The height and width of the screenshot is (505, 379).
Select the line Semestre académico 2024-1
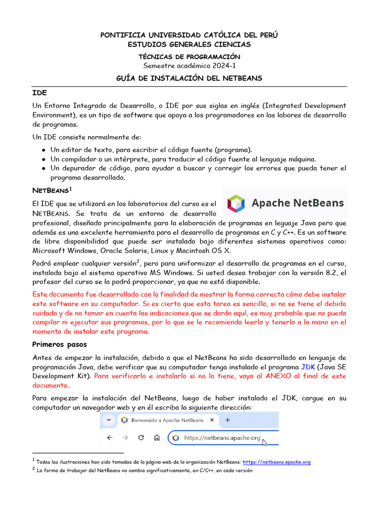[x=189, y=66]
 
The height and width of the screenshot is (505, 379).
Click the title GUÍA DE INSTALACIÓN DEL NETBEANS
[x=189, y=78]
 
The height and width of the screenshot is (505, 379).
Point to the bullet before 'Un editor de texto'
[x=44, y=149]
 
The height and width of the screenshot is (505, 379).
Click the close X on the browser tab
[x=212, y=420]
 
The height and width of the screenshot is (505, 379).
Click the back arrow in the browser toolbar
[x=110, y=437]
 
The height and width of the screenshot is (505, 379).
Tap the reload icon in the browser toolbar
[x=141, y=437]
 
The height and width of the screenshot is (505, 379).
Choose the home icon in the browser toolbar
[x=156, y=437]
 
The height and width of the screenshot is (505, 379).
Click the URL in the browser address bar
[x=222, y=437]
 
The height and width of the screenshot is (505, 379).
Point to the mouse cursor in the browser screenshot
[x=265, y=443]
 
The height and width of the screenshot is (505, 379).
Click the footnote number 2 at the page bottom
[x=34, y=469]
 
